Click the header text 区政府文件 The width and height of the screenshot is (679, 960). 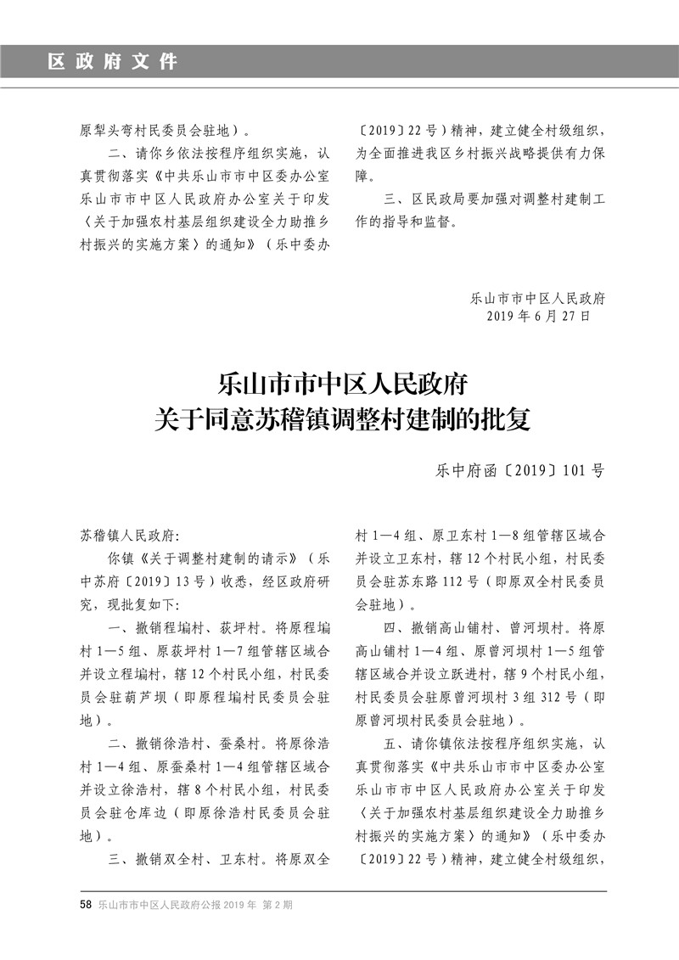click(113, 62)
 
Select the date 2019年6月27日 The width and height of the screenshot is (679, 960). click(539, 315)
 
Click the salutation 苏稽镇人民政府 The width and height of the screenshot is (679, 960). click(126, 536)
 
